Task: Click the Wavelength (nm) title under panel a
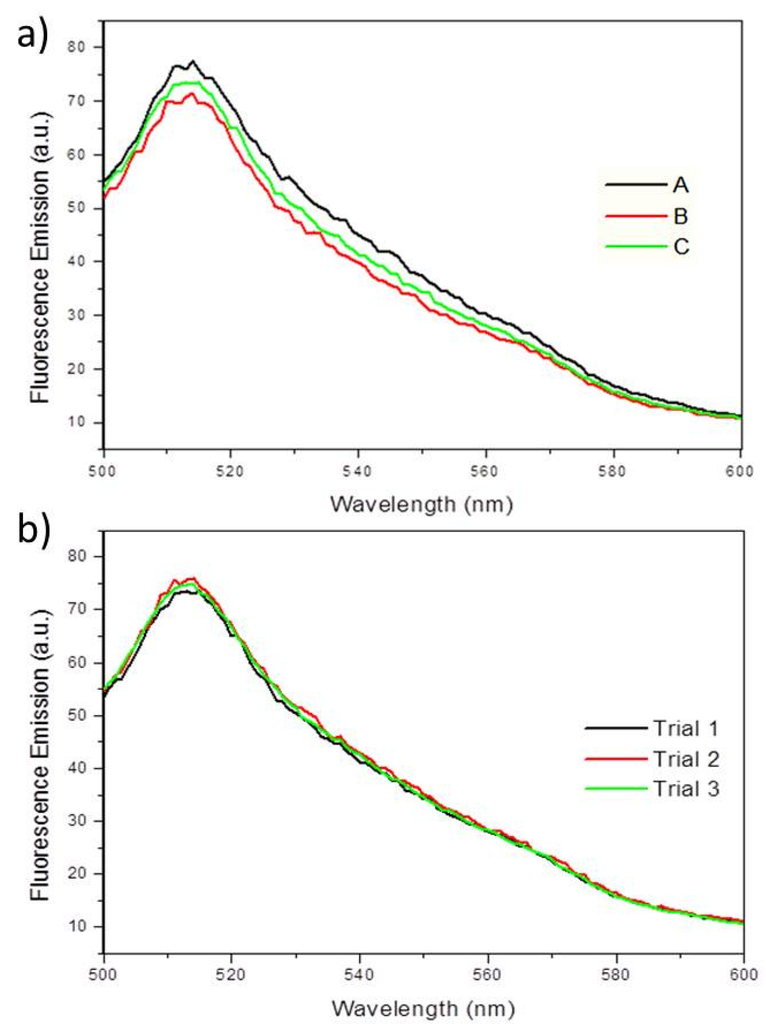[422, 504]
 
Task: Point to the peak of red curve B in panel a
[191, 93]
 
